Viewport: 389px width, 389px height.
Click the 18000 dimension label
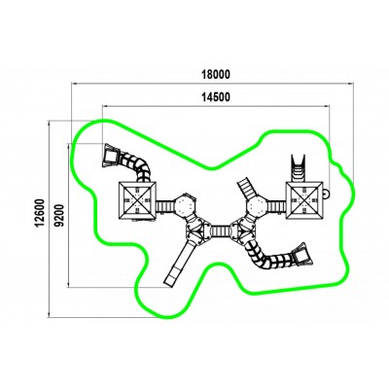pos(216,75)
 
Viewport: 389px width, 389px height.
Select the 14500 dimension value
pos(216,97)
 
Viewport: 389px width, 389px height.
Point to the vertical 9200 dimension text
pos(60,216)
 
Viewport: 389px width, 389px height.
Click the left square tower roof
pos(138,200)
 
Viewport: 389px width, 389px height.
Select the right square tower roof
pos(304,200)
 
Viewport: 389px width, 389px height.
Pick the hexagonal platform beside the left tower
pos(185,205)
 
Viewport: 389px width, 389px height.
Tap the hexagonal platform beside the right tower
pos(257,205)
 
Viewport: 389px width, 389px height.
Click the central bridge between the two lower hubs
pos(221,231)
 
